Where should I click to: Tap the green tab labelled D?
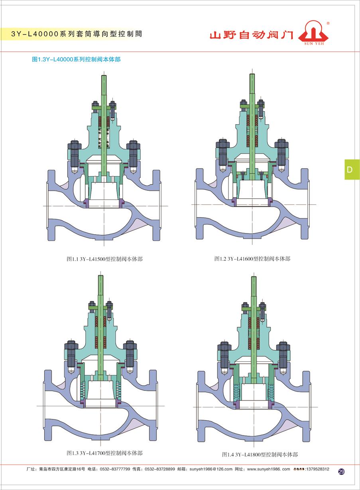tap(352, 170)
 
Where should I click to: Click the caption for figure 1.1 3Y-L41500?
tap(104, 259)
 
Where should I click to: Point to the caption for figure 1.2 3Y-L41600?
tap(252, 259)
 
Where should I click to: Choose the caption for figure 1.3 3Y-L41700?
tap(104, 447)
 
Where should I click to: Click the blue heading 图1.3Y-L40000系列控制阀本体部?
tap(76, 59)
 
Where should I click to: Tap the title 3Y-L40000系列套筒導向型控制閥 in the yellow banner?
tap(77, 34)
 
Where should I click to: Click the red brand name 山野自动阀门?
tap(252, 35)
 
